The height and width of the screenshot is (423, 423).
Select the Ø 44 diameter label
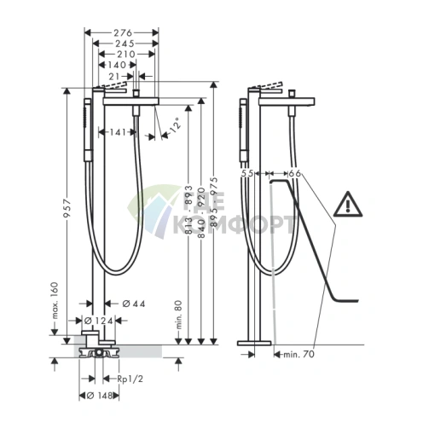click(x=121, y=303)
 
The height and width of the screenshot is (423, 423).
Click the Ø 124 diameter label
click(x=101, y=321)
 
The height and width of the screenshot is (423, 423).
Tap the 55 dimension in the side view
click(x=249, y=173)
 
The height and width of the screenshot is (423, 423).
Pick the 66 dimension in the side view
click(x=295, y=173)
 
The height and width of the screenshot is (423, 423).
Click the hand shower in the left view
click(x=87, y=132)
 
